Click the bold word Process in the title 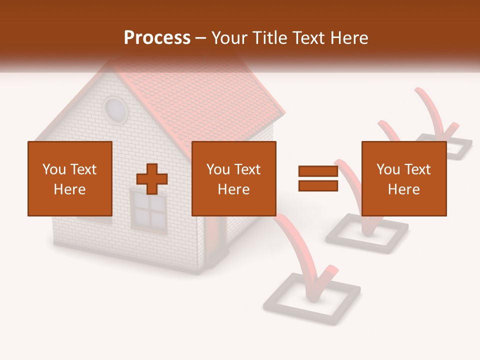click(x=157, y=38)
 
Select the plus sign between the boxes click(x=152, y=179)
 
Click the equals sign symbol click(x=318, y=178)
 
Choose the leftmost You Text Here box click(x=70, y=178)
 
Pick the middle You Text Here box click(x=234, y=178)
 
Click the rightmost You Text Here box click(x=404, y=178)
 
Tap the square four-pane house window click(x=148, y=211)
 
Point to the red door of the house click(x=215, y=235)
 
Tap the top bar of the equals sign click(x=318, y=171)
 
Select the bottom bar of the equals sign click(x=318, y=185)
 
